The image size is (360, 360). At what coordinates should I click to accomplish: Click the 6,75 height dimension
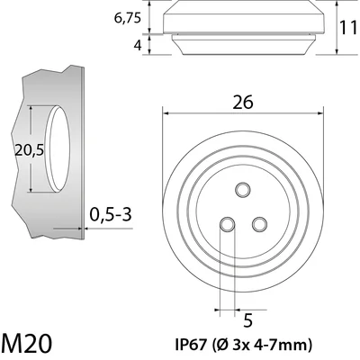[128, 19]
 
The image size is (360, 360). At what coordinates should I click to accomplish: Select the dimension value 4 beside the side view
[138, 46]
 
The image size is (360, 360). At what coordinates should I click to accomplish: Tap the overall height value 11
[349, 29]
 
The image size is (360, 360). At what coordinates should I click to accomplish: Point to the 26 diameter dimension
[243, 103]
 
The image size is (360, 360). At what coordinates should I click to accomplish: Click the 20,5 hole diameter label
[30, 150]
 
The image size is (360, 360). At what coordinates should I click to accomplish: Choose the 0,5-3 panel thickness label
[111, 214]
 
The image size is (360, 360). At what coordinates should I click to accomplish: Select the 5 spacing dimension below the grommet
[247, 320]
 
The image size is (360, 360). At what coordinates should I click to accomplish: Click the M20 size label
[26, 343]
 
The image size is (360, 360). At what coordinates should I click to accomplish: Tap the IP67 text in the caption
[191, 345]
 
